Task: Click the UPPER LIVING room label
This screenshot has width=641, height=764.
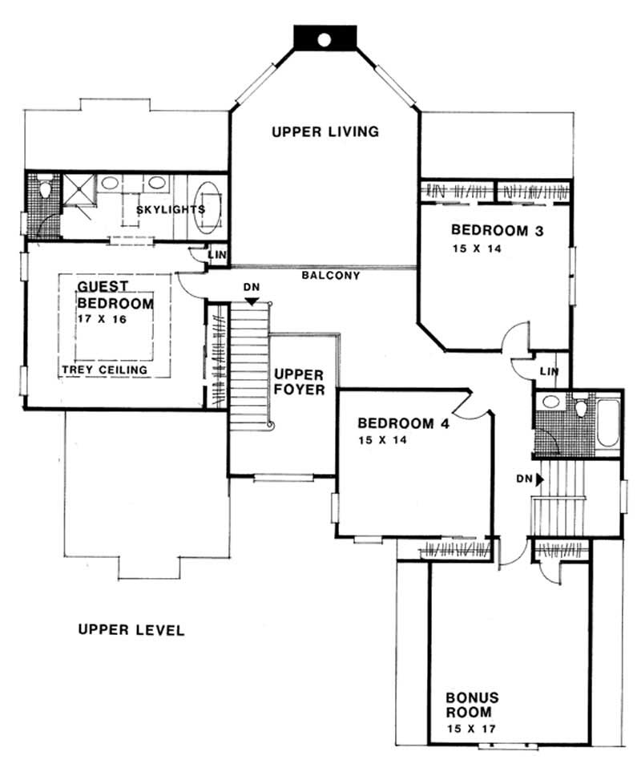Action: [325, 131]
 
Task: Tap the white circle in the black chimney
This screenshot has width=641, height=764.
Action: [324, 38]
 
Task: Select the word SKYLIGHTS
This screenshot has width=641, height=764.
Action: [170, 209]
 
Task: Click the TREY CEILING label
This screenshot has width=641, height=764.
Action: [104, 370]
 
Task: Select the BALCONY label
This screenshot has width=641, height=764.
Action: [330, 275]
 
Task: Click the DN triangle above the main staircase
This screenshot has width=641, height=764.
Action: [252, 301]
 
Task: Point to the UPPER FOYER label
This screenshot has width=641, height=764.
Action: [299, 382]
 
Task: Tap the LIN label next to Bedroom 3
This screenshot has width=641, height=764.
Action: [549, 371]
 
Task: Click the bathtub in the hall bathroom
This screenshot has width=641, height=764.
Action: [607, 422]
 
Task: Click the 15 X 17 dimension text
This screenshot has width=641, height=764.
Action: [472, 730]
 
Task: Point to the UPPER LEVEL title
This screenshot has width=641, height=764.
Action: [131, 630]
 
